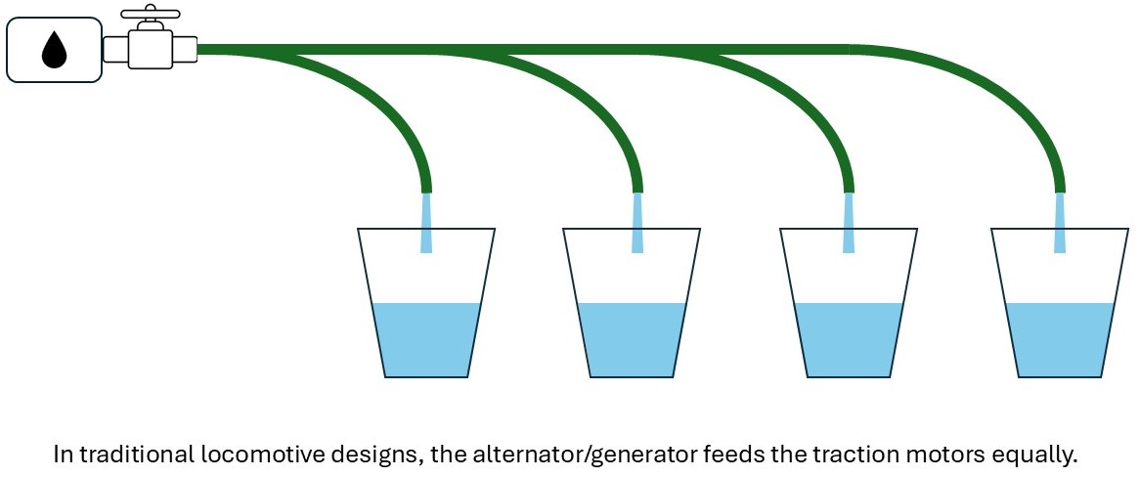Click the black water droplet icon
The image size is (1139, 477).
click(x=55, y=50)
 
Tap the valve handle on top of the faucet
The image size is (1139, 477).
click(x=149, y=14)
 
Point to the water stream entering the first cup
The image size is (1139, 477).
click(x=426, y=223)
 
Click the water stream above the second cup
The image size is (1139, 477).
click(x=637, y=223)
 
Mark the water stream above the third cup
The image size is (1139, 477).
click(x=848, y=223)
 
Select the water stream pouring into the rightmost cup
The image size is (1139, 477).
click(x=1060, y=223)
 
